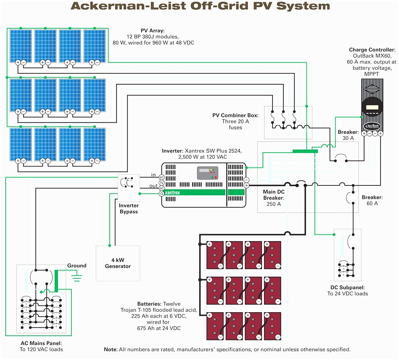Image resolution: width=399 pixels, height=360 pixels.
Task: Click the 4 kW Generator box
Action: pos(118,263)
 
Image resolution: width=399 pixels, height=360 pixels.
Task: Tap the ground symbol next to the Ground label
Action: pos(77,276)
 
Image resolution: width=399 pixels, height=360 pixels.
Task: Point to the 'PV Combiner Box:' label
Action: pos(235,115)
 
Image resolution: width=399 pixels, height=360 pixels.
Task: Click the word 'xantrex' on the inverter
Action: pos(172,193)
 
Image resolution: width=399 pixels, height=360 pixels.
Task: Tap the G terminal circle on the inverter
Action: pos(162,193)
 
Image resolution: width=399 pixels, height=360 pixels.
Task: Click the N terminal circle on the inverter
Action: pos(162,182)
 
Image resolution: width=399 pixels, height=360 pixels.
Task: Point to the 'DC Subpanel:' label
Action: pos(347,287)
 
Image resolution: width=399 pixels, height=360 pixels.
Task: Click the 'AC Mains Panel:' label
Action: pos(41,343)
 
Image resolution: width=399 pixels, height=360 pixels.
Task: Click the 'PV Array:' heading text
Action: pos(152,30)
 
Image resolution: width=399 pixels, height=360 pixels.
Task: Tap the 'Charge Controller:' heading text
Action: pos(372,50)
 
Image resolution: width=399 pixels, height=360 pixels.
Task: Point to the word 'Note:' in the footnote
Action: pos(111,349)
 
